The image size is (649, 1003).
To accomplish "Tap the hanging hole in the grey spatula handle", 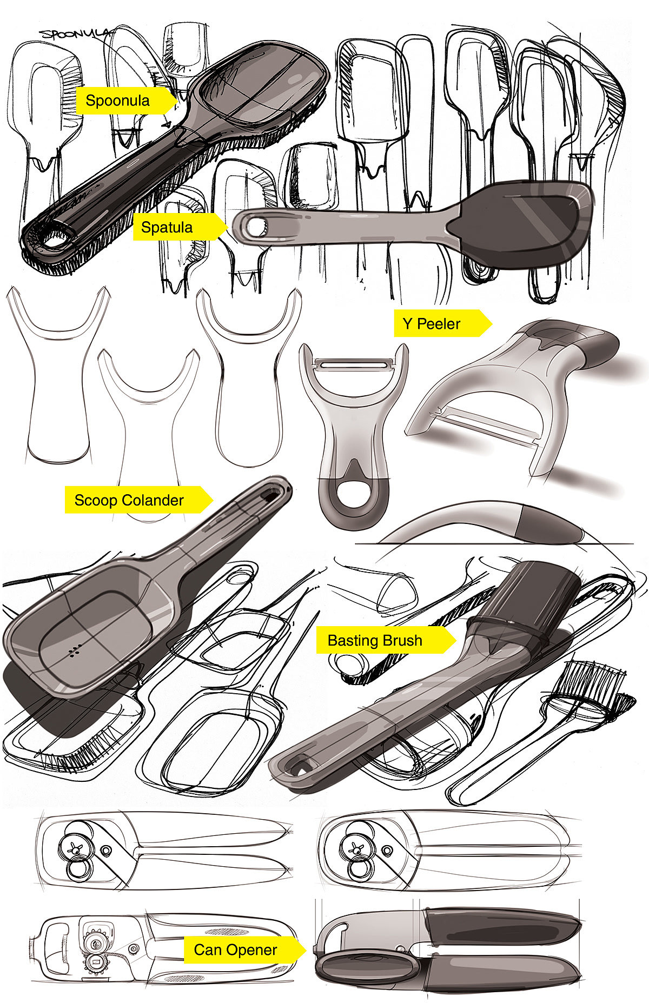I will click(x=255, y=227).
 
